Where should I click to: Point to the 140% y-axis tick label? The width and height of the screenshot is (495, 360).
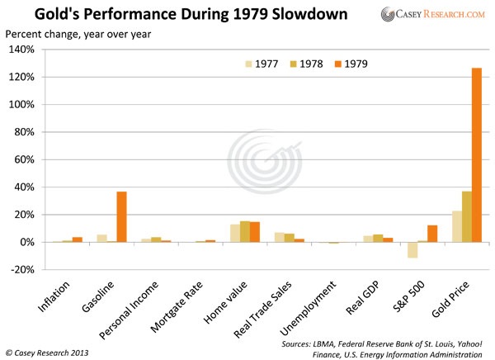point(20,50)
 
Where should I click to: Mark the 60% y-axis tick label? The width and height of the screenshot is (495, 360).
point(22,160)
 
